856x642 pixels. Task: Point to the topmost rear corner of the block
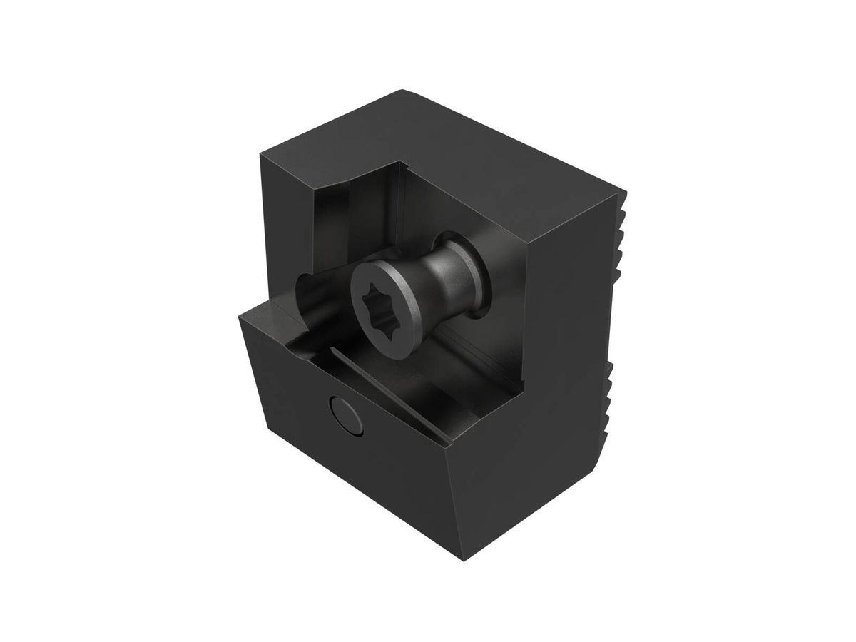tap(404, 91)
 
